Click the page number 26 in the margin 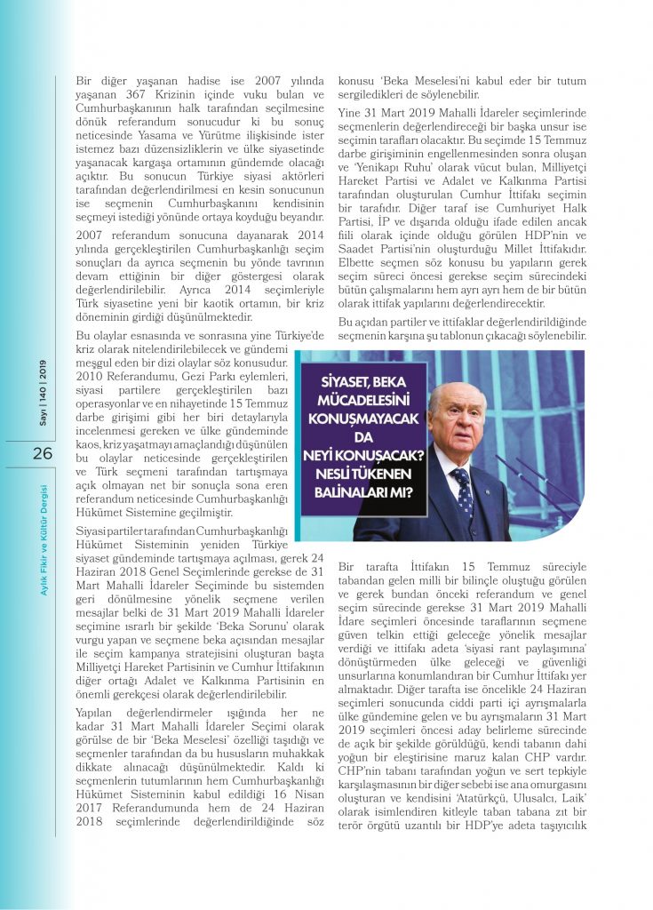click(43, 453)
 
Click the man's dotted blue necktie click(464, 492)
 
